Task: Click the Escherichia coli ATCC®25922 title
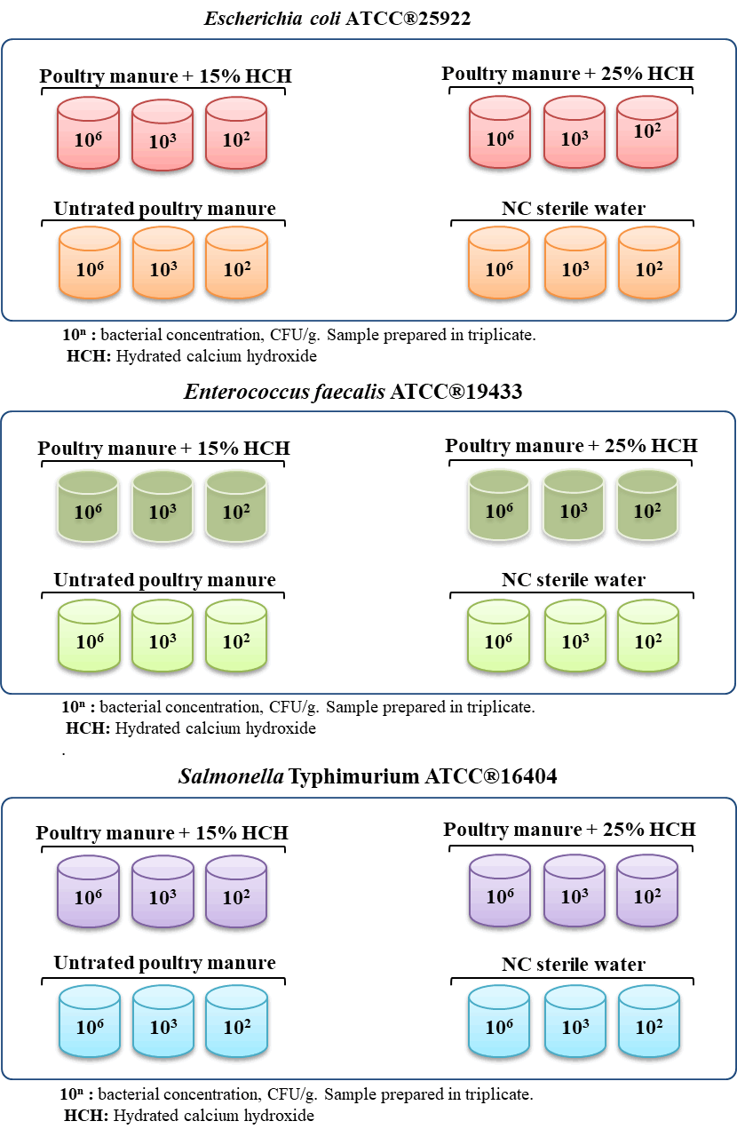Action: [x=337, y=19]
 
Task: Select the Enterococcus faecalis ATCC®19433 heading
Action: [x=353, y=392]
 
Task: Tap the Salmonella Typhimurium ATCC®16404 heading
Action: [x=368, y=776]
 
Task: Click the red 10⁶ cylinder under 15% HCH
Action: [x=88, y=133]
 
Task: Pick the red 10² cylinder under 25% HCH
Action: [x=647, y=131]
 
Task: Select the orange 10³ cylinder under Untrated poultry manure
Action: [x=162, y=263]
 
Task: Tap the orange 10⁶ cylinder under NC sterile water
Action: [x=499, y=263]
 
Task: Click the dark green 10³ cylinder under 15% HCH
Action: [x=162, y=506]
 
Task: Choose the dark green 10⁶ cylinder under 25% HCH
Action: [x=499, y=505]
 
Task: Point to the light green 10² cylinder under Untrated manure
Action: [x=236, y=635]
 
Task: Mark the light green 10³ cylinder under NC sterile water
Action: [x=575, y=635]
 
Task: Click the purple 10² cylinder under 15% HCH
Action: [x=236, y=892]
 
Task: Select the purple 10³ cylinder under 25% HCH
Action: [x=575, y=891]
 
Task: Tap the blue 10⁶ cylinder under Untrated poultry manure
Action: [x=90, y=1022]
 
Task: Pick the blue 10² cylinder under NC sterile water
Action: [x=649, y=1022]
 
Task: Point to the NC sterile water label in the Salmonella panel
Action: [x=574, y=965]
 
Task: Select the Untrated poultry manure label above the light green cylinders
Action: [x=164, y=580]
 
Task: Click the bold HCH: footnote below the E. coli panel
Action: [x=89, y=356]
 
